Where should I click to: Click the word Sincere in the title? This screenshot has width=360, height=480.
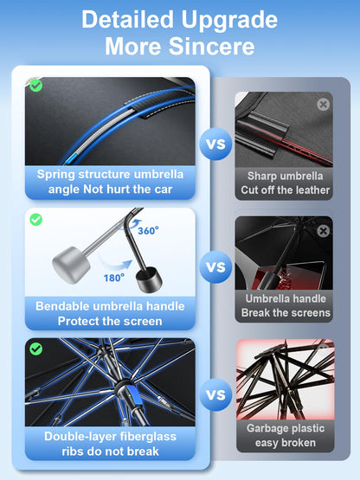[x=212, y=46]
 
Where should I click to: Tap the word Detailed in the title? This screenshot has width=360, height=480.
[x=127, y=19]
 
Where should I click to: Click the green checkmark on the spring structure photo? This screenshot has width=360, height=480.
[x=36, y=86]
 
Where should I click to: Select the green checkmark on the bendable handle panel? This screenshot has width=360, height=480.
[x=35, y=220]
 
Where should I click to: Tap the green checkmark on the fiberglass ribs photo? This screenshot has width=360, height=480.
[x=35, y=349]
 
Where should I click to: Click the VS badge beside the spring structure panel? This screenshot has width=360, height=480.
[x=215, y=144]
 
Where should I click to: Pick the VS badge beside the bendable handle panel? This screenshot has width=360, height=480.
[x=215, y=266]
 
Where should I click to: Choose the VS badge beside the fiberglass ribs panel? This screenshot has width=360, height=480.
[x=215, y=394]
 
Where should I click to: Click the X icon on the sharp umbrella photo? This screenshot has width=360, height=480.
[x=324, y=105]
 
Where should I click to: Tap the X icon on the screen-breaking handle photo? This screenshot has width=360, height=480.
[x=324, y=231]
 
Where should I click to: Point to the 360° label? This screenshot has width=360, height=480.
[x=148, y=231]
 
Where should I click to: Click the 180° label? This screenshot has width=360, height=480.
[x=114, y=278]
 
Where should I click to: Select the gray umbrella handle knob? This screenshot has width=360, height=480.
[x=71, y=265]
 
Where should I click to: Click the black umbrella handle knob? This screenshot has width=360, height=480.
[x=149, y=279]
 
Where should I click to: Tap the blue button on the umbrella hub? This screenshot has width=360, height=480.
[x=133, y=394]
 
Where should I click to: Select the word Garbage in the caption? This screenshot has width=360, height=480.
[x=266, y=429]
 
